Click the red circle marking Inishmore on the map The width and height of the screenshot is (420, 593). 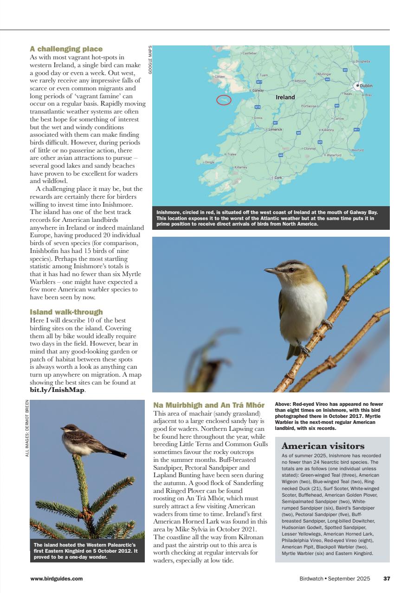point(224,100)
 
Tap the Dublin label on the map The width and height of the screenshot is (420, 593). point(366,86)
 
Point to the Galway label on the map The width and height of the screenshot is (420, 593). point(258,90)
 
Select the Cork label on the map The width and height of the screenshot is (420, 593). point(278,177)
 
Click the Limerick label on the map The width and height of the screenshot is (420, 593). point(275,129)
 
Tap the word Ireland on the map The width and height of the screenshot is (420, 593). point(285,97)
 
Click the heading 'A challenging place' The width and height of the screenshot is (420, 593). point(66,49)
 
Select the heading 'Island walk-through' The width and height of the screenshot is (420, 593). point(66,312)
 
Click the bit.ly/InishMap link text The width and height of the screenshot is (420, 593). point(57,390)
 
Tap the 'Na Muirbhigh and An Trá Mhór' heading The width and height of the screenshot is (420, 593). point(209,405)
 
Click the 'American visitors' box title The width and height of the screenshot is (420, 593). point(323,446)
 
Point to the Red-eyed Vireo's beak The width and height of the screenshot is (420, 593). point(269,271)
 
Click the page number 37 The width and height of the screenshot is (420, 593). point(387,578)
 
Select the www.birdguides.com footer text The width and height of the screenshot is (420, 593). point(57,578)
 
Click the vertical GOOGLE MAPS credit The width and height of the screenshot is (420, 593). point(150,60)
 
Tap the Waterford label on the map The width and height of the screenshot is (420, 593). point(334,155)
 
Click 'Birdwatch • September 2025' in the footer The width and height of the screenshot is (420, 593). point(335,578)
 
